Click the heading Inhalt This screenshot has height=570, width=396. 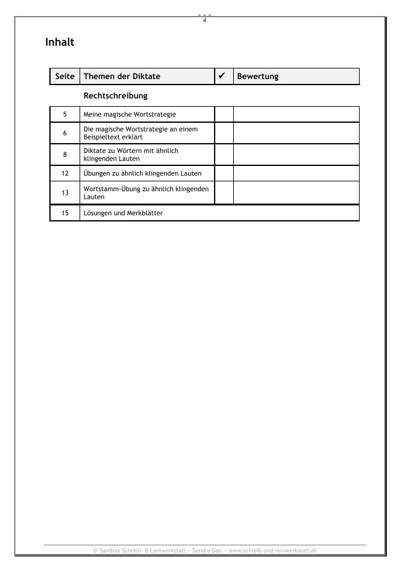pyautogui.click(x=60, y=43)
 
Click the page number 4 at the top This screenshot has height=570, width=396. pyautogui.click(x=204, y=20)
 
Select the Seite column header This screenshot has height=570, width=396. pyautogui.click(x=65, y=76)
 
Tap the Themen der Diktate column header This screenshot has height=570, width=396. pyautogui.click(x=122, y=76)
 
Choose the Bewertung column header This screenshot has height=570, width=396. pyautogui.click(x=258, y=76)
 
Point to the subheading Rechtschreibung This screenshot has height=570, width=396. pyautogui.click(x=115, y=96)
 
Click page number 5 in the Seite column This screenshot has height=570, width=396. pyautogui.click(x=65, y=115)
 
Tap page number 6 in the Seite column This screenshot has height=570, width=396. pyautogui.click(x=65, y=133)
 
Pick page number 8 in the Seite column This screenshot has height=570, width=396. pyautogui.click(x=65, y=154)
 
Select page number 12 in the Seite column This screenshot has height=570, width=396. pyautogui.click(x=65, y=173)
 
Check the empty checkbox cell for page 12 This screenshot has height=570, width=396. pyautogui.click(x=224, y=173)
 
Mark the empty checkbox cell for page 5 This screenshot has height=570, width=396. pyautogui.click(x=224, y=115)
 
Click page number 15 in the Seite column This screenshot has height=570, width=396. pyautogui.click(x=65, y=213)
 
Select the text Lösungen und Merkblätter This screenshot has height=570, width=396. pyautogui.click(x=123, y=213)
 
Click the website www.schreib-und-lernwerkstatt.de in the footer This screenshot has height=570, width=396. pyautogui.click(x=273, y=550)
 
